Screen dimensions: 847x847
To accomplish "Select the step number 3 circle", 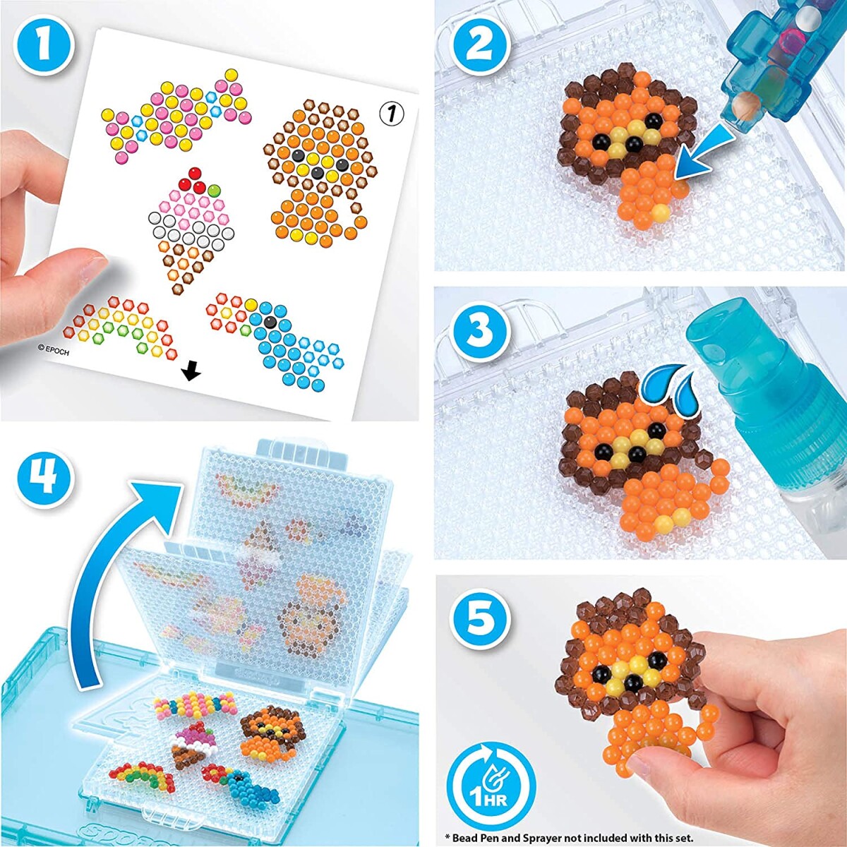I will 480,329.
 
